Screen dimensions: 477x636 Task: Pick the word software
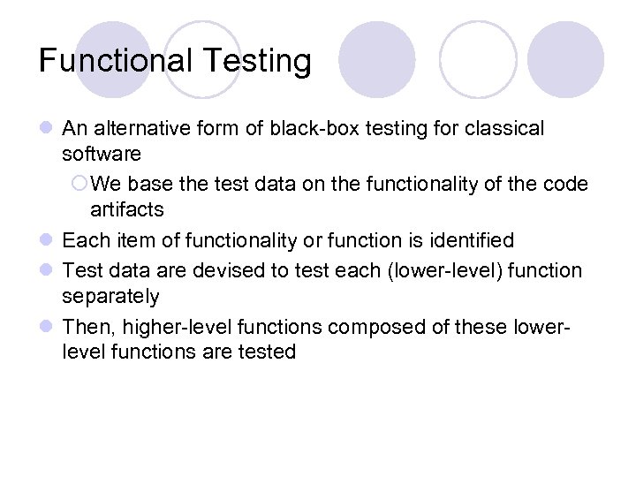(x=101, y=155)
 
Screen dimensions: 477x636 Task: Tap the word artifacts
(x=127, y=209)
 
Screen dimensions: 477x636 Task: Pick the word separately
(x=110, y=296)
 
